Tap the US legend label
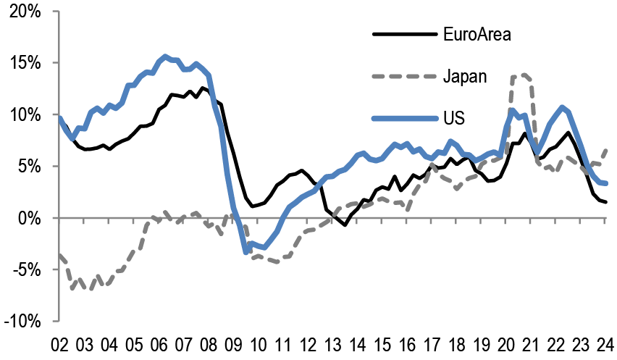click(454, 117)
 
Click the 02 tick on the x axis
click(59, 343)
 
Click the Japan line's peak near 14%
click(521, 75)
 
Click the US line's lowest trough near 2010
click(246, 251)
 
